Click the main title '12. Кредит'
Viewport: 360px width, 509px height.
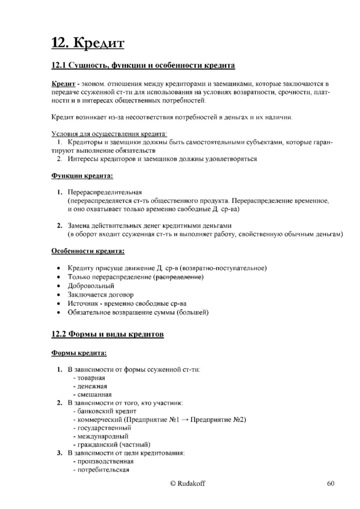(88, 42)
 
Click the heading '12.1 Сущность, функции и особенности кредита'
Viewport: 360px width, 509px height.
(143, 66)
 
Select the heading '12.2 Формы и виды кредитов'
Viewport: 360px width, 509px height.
(107, 334)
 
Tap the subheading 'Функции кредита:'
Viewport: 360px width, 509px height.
(82, 175)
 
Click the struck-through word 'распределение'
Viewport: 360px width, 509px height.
(179, 277)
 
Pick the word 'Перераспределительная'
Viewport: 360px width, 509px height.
(104, 192)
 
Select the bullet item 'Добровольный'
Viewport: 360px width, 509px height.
(91, 286)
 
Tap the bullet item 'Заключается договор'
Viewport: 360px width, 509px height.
(100, 294)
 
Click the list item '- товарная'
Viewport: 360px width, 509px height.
(89, 377)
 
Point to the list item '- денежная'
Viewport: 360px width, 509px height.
(90, 386)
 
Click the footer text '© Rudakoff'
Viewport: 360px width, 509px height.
(187, 484)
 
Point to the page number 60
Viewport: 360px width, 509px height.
(330, 484)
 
